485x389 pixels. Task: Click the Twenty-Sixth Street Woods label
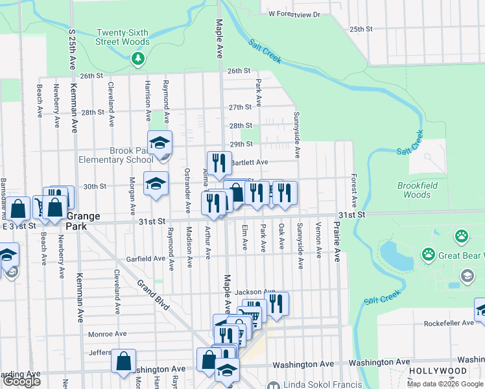pos(123,38)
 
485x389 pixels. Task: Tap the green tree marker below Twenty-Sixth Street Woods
pos(137,60)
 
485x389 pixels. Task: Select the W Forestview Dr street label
pos(294,14)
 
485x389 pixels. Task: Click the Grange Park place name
pos(82,220)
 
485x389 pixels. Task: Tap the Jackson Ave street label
pos(255,292)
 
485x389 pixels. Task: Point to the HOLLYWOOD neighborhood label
pos(438,371)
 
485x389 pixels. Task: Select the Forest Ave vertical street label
pos(354,190)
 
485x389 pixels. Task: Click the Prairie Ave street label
pos(337,241)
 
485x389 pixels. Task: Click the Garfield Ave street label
pos(146,258)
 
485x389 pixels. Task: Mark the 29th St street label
pos(240,144)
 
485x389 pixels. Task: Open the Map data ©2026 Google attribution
pos(444,384)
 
